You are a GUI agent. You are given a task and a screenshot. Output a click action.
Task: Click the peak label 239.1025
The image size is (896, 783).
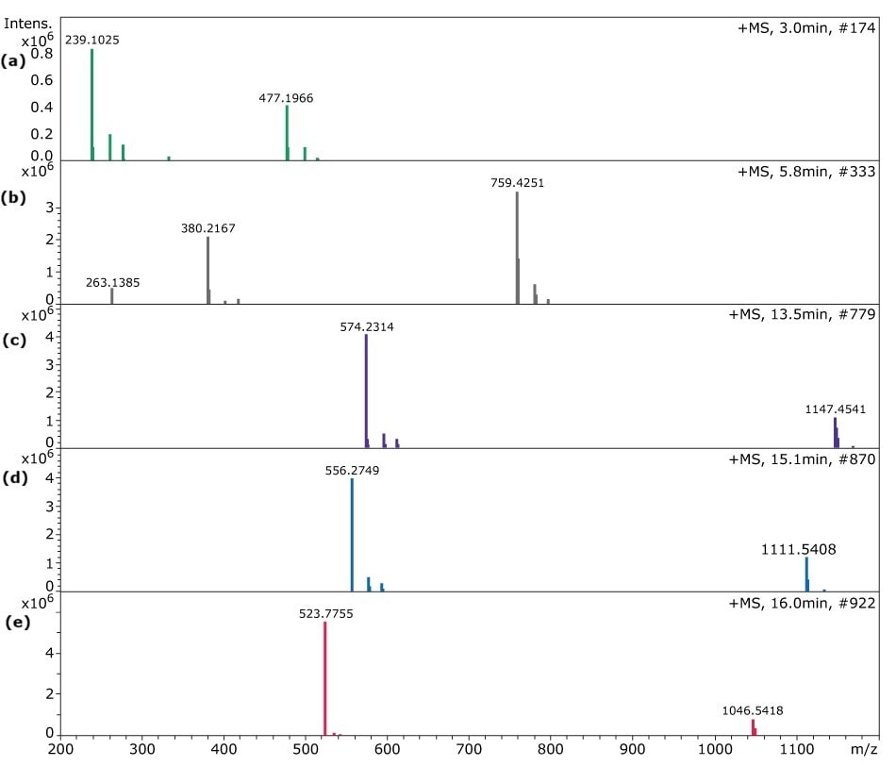(91, 40)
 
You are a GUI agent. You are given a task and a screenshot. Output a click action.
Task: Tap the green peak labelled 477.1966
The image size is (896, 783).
(287, 132)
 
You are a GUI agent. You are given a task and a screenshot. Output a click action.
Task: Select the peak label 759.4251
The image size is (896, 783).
(517, 183)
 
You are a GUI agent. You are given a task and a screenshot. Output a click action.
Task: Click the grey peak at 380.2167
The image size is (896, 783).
(207, 269)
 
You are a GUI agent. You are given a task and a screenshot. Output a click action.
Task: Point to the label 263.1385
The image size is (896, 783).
(112, 281)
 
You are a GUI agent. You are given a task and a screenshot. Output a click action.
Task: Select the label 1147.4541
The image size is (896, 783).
(835, 409)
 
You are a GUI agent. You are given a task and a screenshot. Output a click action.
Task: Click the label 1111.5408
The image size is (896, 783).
(799, 548)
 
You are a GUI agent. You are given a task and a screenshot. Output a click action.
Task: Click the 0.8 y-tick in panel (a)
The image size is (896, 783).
(41, 54)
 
